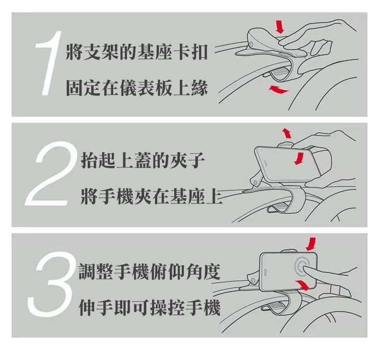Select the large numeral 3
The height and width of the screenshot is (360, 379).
49,284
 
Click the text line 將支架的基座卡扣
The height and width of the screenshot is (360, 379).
137,52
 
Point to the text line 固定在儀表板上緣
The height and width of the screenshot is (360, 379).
137,88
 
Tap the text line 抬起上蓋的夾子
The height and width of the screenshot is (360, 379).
142,160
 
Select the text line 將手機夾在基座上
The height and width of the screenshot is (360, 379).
151,196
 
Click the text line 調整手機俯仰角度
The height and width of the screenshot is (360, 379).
149,272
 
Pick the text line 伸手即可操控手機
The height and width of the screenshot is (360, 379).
149,308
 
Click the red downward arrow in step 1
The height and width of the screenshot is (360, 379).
280,27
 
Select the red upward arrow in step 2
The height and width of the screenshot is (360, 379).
287,133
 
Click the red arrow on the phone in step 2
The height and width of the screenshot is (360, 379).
299,158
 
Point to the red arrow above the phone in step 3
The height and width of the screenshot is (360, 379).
311,244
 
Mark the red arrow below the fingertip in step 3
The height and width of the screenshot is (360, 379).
303,285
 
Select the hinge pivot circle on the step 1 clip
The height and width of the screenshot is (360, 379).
251,44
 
